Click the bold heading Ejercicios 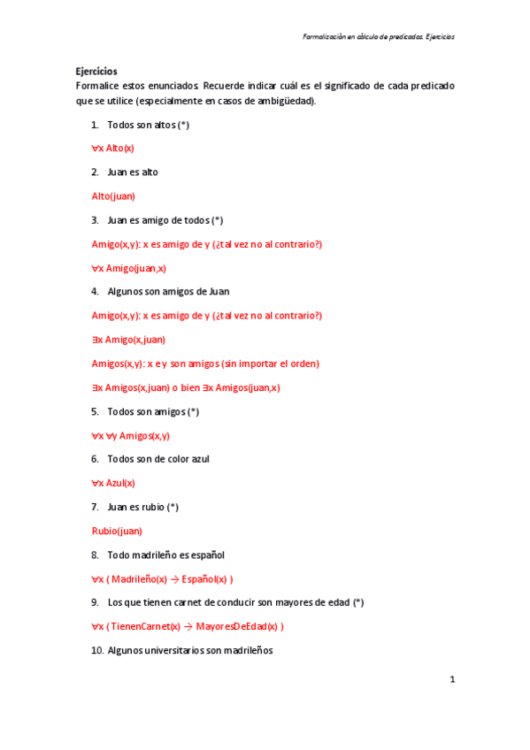point(96,72)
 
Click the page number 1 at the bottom point(452,679)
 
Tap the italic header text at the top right point(378,37)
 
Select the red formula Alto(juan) point(113,195)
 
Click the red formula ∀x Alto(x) point(113,148)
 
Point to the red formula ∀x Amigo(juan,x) point(129,267)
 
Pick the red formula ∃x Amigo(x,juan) point(128,339)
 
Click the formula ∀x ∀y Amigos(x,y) point(131,435)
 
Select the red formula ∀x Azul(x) point(113,483)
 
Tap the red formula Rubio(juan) point(117,531)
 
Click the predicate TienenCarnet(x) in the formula point(145,626)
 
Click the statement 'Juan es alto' point(133,172)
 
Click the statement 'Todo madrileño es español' point(165,555)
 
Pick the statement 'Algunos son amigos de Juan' point(169,291)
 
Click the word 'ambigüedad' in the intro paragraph point(287,101)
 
